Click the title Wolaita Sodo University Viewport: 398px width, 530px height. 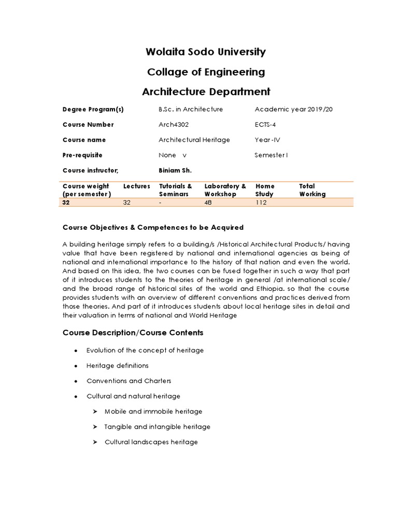199,52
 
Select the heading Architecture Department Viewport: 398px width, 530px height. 199,92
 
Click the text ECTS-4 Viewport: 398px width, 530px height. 266,125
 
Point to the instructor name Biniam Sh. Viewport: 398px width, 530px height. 175,170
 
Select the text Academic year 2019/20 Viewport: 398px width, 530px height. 288,109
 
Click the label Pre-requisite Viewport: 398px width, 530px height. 82,155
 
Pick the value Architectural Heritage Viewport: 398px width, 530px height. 194,140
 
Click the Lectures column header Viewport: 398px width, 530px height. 137,186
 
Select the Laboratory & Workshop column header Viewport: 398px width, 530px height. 225,190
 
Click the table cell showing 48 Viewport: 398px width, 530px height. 209,203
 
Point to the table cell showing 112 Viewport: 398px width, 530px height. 261,203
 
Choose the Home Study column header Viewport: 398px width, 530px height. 265,190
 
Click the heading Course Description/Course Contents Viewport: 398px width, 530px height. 133,332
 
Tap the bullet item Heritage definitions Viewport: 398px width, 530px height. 117,365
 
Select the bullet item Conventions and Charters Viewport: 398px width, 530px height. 129,381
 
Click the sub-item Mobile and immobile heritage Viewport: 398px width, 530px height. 153,411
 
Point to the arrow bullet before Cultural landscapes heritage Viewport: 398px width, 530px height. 95,443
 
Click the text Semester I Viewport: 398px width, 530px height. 271,155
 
